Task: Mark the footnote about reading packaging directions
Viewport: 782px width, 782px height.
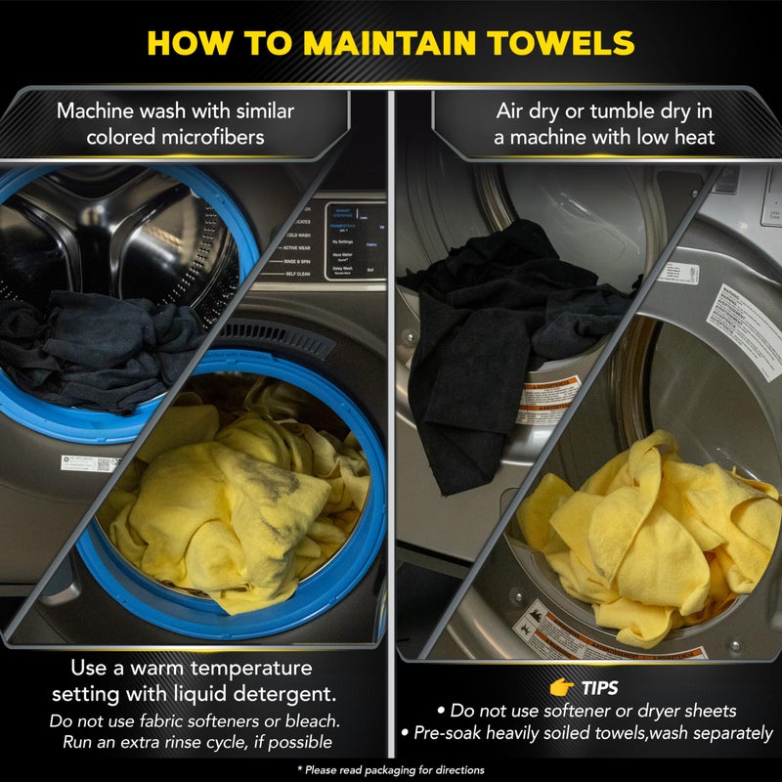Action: click(391, 770)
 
